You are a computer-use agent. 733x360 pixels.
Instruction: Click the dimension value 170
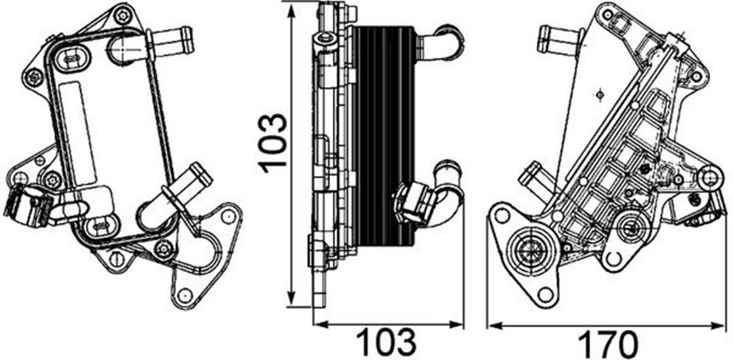click(x=608, y=344)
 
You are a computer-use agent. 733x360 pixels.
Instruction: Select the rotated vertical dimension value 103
click(x=274, y=143)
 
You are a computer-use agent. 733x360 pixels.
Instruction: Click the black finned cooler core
click(x=383, y=136)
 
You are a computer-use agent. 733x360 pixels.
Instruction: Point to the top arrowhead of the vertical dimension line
click(x=292, y=13)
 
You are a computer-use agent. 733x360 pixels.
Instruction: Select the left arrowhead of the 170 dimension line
click(x=496, y=325)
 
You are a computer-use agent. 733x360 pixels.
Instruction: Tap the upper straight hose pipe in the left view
click(x=171, y=39)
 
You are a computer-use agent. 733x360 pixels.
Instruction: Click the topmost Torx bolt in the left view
click(x=122, y=16)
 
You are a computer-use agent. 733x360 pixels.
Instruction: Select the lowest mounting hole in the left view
click(x=185, y=295)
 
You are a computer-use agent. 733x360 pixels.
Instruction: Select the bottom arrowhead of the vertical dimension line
click(x=292, y=297)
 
